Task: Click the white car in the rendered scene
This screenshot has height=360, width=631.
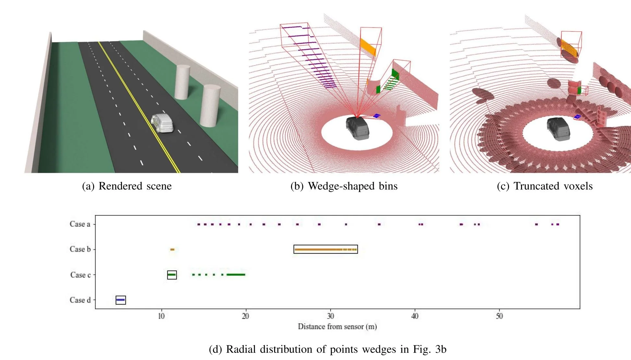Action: pos(162,123)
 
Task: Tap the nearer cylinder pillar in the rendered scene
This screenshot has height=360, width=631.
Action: pos(210,105)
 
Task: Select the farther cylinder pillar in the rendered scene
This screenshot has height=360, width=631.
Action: pos(182,82)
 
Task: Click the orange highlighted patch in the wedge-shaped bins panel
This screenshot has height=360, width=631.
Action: pos(368,47)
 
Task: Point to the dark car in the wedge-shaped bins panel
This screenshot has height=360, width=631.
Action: pos(357,128)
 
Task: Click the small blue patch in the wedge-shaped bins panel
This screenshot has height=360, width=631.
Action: pos(377,115)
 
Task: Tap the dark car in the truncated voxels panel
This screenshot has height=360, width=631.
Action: pos(558,129)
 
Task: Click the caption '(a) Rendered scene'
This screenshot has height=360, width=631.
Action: pos(127,186)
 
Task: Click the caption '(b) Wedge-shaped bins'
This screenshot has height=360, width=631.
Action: pos(344,186)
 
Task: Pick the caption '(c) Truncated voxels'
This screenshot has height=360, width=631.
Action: pos(545,186)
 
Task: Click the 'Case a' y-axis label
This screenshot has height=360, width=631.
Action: pos(80,224)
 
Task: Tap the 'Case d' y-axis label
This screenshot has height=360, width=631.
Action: pos(80,300)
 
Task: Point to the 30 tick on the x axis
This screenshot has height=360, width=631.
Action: pos(330,316)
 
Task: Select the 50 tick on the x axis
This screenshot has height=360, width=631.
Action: pos(499,316)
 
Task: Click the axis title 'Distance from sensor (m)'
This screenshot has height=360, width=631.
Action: pos(337,327)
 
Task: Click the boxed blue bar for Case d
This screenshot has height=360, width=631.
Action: pos(121,300)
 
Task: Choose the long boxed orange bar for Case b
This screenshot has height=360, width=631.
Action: pos(325,249)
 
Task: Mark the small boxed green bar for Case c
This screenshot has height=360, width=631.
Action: pos(172,275)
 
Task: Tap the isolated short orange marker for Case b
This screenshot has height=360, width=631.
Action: pos(172,249)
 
